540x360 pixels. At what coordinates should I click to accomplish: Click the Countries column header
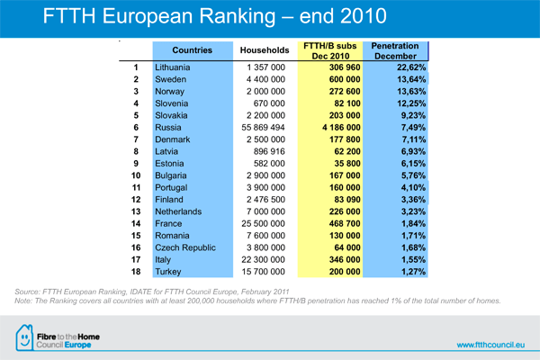pos(193,50)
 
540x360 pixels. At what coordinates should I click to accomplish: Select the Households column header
pos(265,50)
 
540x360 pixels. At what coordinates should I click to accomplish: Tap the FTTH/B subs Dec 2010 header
pos(330,51)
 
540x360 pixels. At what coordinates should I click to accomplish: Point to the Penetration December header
pos(395,51)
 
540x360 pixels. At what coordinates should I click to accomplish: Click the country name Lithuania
pos(172,67)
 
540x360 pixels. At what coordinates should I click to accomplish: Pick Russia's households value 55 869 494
pos(263,128)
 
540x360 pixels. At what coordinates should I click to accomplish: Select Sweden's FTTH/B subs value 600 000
pos(345,79)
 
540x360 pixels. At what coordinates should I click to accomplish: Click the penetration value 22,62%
pos(411,67)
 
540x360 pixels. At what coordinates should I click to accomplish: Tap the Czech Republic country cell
pos(185,247)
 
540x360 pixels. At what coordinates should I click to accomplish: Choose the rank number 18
pos(136,272)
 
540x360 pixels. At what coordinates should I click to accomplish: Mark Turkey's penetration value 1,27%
pos(413,272)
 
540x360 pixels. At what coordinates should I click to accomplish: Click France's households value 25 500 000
pos(263,223)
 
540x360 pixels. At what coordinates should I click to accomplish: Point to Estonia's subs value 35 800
pos(347,164)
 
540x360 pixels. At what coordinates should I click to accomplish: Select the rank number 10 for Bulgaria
pos(136,175)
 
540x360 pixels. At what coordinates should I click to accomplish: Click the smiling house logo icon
pos(24,337)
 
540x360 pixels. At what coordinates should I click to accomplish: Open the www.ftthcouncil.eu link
pos(490,345)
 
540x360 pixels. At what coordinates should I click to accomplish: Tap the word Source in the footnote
pos(27,292)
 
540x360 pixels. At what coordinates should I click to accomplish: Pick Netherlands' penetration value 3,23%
pos(413,211)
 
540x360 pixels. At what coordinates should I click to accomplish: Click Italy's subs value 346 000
pos(345,260)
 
